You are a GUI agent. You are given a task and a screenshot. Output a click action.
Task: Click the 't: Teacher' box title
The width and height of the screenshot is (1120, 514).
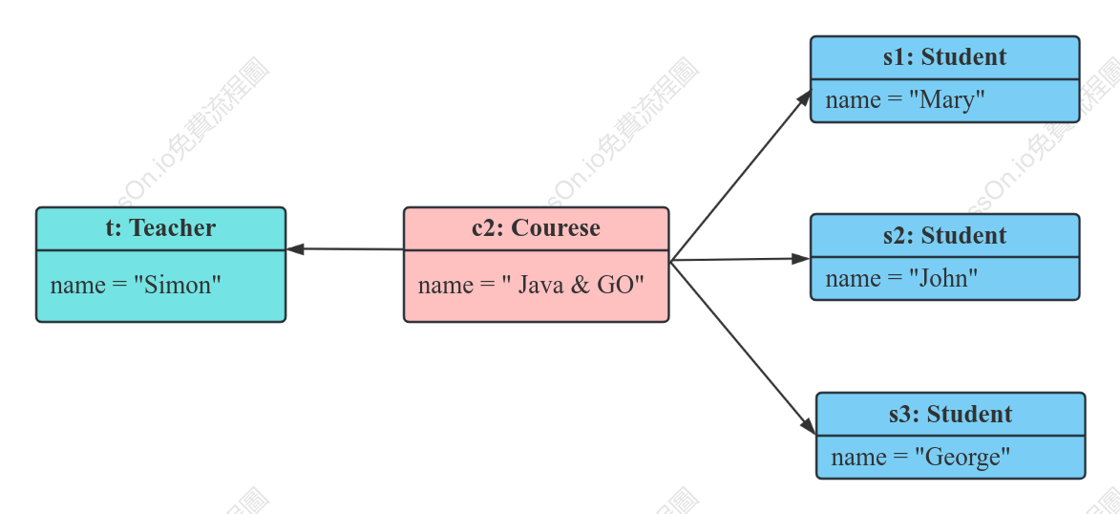[160, 228]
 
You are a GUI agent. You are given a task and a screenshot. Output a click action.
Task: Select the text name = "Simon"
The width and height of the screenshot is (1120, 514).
[136, 286]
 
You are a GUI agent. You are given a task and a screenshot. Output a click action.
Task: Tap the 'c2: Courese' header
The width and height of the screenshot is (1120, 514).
[537, 228]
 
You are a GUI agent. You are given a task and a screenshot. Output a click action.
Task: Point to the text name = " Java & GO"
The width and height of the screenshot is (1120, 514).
[532, 286]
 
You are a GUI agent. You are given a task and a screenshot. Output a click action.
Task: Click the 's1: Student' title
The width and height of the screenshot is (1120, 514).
[945, 56]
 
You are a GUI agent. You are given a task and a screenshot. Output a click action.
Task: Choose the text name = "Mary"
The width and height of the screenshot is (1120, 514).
[905, 100]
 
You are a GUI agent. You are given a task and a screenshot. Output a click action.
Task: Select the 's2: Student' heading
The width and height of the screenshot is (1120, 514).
[945, 235]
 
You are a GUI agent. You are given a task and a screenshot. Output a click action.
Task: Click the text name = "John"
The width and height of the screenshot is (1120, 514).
[901, 278]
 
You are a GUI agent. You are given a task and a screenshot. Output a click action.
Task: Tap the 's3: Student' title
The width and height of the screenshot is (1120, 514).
[951, 414]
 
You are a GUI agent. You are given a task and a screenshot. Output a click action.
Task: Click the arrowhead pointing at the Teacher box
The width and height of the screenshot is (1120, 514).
[295, 248]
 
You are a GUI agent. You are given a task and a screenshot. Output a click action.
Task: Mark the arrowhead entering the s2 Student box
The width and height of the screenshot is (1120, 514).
[801, 259]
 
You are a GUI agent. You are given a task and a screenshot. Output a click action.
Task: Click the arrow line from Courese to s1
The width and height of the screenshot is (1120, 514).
[741, 176]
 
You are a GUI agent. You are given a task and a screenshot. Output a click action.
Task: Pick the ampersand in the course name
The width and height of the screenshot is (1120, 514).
[580, 286]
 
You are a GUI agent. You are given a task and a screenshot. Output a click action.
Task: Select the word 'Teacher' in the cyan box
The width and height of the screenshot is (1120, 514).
[173, 228]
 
